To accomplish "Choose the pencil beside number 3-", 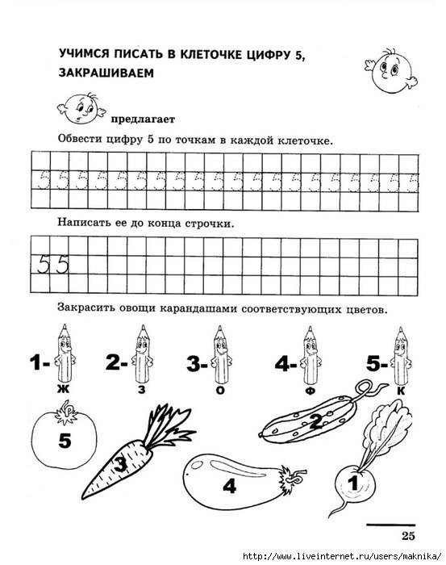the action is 219,356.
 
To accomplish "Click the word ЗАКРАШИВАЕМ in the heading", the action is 106,73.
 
